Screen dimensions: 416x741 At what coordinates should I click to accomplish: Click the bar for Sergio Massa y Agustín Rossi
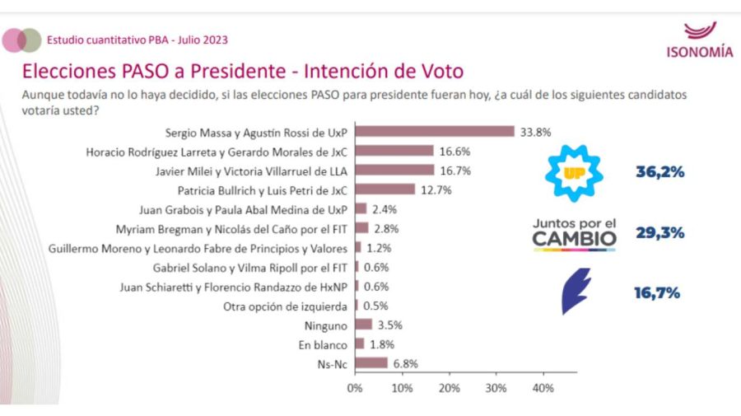(435, 132)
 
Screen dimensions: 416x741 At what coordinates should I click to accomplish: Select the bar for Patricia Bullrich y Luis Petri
(385, 189)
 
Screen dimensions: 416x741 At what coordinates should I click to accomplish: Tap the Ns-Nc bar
(371, 363)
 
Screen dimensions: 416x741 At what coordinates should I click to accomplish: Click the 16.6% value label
(453, 151)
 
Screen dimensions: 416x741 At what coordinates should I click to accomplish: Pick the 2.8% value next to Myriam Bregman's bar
(385, 228)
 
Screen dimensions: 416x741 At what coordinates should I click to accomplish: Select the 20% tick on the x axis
(449, 387)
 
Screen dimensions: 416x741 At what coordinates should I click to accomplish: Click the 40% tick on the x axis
(543, 387)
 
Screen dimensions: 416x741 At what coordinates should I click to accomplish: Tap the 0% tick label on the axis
(355, 387)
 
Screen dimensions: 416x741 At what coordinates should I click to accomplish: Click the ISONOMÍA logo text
(699, 53)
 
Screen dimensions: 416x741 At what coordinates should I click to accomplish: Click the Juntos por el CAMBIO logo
(574, 233)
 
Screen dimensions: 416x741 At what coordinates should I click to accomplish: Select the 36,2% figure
(659, 173)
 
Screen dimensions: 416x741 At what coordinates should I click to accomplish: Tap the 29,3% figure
(659, 233)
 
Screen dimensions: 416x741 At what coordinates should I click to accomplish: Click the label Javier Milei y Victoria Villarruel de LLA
(252, 171)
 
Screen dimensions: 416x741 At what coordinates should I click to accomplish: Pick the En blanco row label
(324, 344)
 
